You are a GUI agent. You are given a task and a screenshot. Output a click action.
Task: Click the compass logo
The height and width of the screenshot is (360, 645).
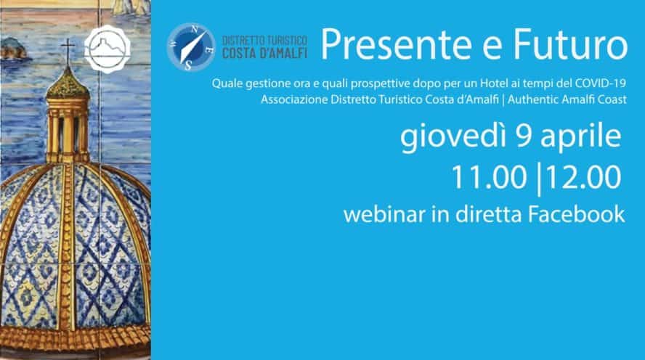pyautogui.click(x=191, y=47)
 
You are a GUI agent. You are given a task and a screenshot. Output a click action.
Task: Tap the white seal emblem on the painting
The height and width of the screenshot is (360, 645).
pyautogui.click(x=107, y=49)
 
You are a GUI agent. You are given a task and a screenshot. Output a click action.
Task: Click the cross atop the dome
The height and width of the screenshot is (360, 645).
pyautogui.click(x=68, y=51)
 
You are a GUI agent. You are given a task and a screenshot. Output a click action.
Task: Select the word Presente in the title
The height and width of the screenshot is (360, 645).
pyautogui.click(x=395, y=44)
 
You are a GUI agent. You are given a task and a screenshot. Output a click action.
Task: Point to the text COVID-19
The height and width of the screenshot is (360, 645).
pyautogui.click(x=600, y=83)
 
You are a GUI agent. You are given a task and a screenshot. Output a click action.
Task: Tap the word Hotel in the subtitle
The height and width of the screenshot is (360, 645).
pyautogui.click(x=494, y=83)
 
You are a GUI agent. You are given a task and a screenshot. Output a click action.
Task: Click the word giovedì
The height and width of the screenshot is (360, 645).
pyautogui.click(x=453, y=136)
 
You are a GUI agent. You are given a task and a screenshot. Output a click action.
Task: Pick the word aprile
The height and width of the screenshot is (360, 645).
pyautogui.click(x=580, y=137)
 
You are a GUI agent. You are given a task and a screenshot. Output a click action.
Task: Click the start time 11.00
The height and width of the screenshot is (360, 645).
pyautogui.click(x=489, y=178)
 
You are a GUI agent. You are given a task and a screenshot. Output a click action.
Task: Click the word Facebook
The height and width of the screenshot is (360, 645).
pyautogui.click(x=576, y=215)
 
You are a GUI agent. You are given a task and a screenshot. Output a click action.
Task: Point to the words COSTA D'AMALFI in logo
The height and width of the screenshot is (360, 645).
pyautogui.click(x=265, y=53)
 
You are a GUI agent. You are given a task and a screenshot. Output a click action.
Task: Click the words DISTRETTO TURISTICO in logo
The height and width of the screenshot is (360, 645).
pyautogui.click(x=265, y=41)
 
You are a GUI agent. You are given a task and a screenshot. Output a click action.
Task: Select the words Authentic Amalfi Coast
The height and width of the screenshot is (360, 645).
pyautogui.click(x=567, y=99)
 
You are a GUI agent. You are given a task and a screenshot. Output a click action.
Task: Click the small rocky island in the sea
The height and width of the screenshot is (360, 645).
pyautogui.click(x=13, y=49)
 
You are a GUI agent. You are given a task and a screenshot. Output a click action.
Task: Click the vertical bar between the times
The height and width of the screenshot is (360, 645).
pyautogui.click(x=538, y=179)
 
